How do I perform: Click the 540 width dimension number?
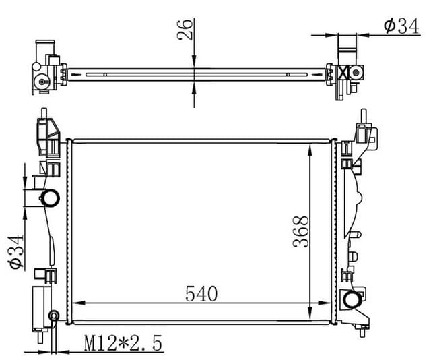tap(201, 293)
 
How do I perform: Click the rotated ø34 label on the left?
tap(15, 251)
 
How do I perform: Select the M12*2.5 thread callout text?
tap(124, 344)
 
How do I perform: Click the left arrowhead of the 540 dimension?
tap(76, 301)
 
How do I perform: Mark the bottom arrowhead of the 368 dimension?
tap(310, 317)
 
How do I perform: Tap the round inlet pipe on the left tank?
tap(51, 198)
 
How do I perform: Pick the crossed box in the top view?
tap(343, 73)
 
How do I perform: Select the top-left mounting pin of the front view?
tap(44, 111)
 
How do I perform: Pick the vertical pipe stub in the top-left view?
tap(48, 48)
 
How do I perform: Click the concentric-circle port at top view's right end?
tap(355, 73)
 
